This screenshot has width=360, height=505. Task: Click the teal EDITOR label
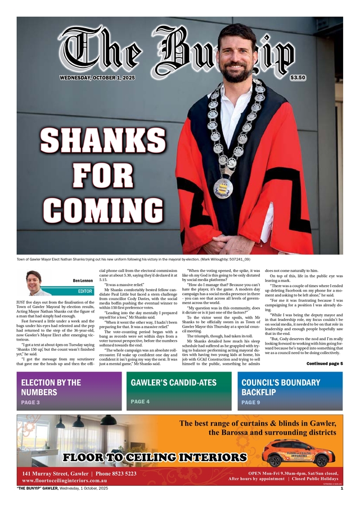[85, 292]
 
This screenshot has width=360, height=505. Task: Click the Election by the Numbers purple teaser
[69, 391]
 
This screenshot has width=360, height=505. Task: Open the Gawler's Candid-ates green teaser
[179, 391]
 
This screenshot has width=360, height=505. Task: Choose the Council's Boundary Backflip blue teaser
[289, 391]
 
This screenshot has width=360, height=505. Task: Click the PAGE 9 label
[251, 403]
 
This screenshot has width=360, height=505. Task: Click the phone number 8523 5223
[117, 474]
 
